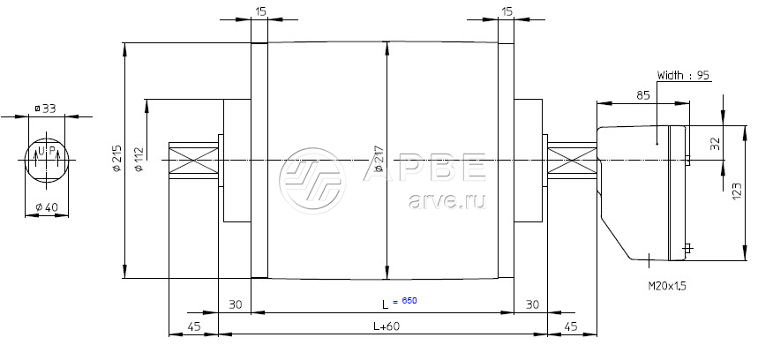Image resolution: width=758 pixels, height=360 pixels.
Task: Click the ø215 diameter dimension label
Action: point(116,158)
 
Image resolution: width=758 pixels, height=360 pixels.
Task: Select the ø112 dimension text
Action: point(139,159)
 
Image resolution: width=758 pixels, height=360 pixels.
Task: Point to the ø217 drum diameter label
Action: point(379,159)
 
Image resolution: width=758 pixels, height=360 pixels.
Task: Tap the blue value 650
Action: point(409,301)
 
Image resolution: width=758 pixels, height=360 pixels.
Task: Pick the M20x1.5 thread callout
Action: point(667,286)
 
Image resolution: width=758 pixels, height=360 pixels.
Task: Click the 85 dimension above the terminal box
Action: point(643,95)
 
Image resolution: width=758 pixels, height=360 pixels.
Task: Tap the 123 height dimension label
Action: point(737,191)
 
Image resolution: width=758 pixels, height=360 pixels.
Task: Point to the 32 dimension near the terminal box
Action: point(716,144)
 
